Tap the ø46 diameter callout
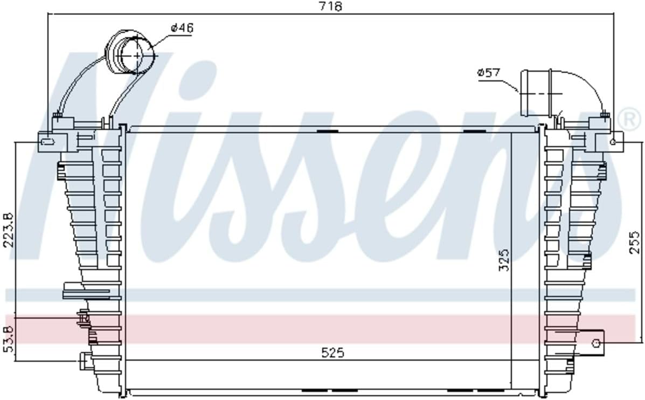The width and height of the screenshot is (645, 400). point(182,28)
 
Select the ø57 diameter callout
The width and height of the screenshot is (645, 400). point(489,73)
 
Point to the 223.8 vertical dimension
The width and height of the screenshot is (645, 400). point(9,229)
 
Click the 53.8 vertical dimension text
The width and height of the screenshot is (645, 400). point(9,339)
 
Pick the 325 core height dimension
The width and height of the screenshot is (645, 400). point(504,260)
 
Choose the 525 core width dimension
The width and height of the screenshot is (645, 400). point(332,353)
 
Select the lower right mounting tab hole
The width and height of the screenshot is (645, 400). point(597,343)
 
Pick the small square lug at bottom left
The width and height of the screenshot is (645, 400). point(85,360)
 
